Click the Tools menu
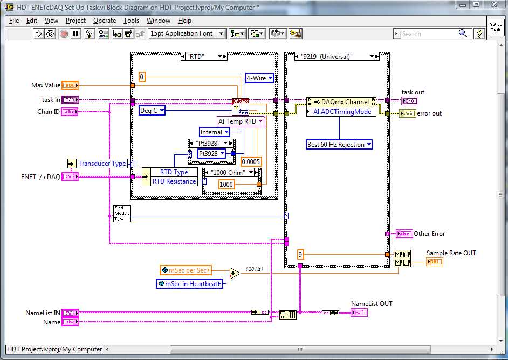click(x=131, y=21)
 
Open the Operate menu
click(x=105, y=21)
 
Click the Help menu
click(x=184, y=21)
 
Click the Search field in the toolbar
click(x=429, y=33)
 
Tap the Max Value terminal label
click(x=45, y=85)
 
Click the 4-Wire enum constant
click(x=259, y=78)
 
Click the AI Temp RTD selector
click(x=241, y=121)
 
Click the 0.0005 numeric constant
click(x=250, y=161)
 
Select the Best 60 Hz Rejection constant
click(x=339, y=145)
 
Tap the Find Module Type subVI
click(x=121, y=213)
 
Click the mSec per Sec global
click(x=186, y=270)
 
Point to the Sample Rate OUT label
click(x=451, y=253)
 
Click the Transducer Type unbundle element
click(x=102, y=164)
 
